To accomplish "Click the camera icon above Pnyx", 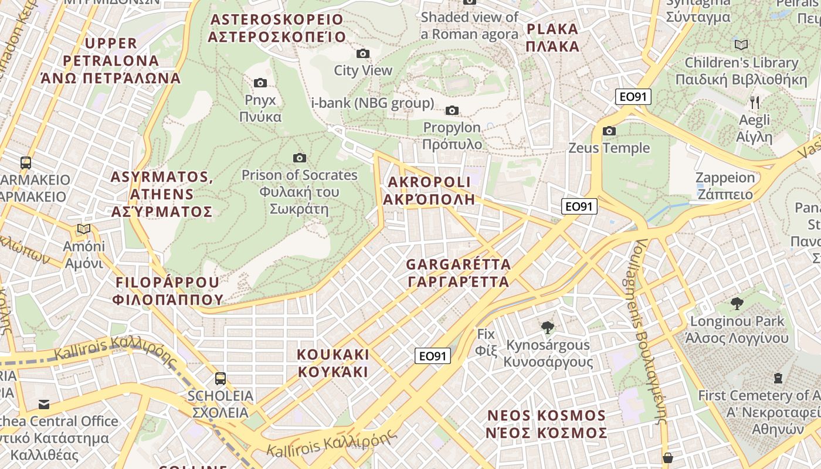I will pyautogui.click(x=260, y=83).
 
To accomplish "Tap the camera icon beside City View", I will pyautogui.click(x=363, y=54).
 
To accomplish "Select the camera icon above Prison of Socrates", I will pyautogui.click(x=300, y=158).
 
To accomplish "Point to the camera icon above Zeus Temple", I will pyautogui.click(x=609, y=131).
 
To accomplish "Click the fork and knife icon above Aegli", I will pyautogui.click(x=755, y=103).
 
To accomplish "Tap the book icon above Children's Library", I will pyautogui.click(x=741, y=45).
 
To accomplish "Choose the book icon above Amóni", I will pyautogui.click(x=84, y=229).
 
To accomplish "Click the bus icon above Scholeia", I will pyautogui.click(x=220, y=379).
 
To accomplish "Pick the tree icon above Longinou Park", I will pyautogui.click(x=737, y=304).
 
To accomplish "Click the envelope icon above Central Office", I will pyautogui.click(x=44, y=404).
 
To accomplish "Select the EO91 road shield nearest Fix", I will pyautogui.click(x=433, y=356).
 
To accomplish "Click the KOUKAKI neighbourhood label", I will pyautogui.click(x=333, y=363).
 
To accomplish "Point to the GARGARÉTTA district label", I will pyautogui.click(x=459, y=273).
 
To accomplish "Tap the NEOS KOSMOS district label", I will pyautogui.click(x=547, y=424).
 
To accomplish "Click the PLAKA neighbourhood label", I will pyautogui.click(x=552, y=38).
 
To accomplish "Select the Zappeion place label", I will pyautogui.click(x=725, y=186).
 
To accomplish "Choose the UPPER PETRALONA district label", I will pyautogui.click(x=110, y=60).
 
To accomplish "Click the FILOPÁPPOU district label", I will pyautogui.click(x=168, y=291).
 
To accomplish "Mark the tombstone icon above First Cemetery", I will pyautogui.click(x=778, y=378).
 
